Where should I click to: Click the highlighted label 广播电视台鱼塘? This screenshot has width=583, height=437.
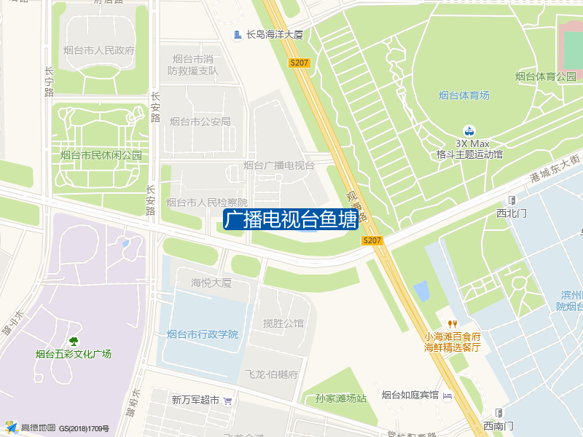(290, 220)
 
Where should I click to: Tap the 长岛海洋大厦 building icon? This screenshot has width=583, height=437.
(238, 34)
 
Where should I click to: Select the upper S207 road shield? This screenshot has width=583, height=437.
(300, 63)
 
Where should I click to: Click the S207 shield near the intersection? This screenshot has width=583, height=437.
(372, 240)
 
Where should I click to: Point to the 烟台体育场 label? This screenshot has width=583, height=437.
(464, 95)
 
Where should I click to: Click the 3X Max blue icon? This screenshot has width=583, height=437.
(470, 130)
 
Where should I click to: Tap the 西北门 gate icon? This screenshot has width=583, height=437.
(512, 200)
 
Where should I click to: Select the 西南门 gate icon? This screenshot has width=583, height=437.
(498, 412)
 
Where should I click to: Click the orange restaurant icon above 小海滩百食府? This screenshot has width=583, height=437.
(453, 324)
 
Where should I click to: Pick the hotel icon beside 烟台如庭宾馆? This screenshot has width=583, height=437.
(447, 395)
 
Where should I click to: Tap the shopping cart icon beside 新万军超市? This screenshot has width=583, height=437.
(227, 400)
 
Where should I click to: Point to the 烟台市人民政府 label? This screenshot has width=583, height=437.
(99, 51)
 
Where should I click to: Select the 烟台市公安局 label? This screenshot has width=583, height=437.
(200, 122)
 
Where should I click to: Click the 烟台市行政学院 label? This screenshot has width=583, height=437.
(203, 334)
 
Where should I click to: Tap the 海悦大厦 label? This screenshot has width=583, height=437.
(211, 283)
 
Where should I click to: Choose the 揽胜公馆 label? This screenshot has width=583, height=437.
(283, 323)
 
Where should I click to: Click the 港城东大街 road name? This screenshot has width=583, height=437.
(555, 168)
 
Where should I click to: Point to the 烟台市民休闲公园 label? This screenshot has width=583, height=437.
(101, 155)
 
